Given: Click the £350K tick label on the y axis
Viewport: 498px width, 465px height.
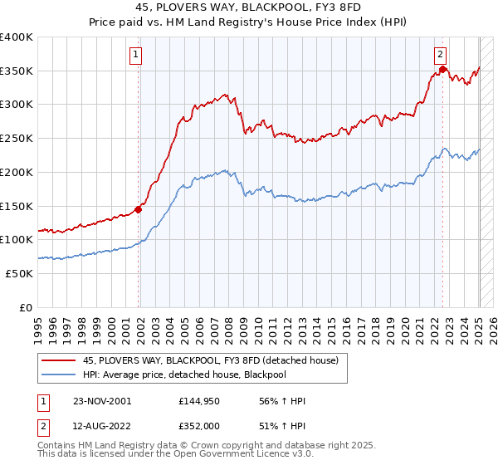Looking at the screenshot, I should [17, 71].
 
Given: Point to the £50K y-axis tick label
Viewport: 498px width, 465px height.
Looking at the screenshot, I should [19, 273].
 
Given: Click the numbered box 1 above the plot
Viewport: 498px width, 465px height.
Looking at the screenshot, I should [134, 56].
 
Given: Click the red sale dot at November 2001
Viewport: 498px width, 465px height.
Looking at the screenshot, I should [139, 209].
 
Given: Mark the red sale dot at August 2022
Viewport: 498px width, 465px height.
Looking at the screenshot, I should [443, 70].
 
